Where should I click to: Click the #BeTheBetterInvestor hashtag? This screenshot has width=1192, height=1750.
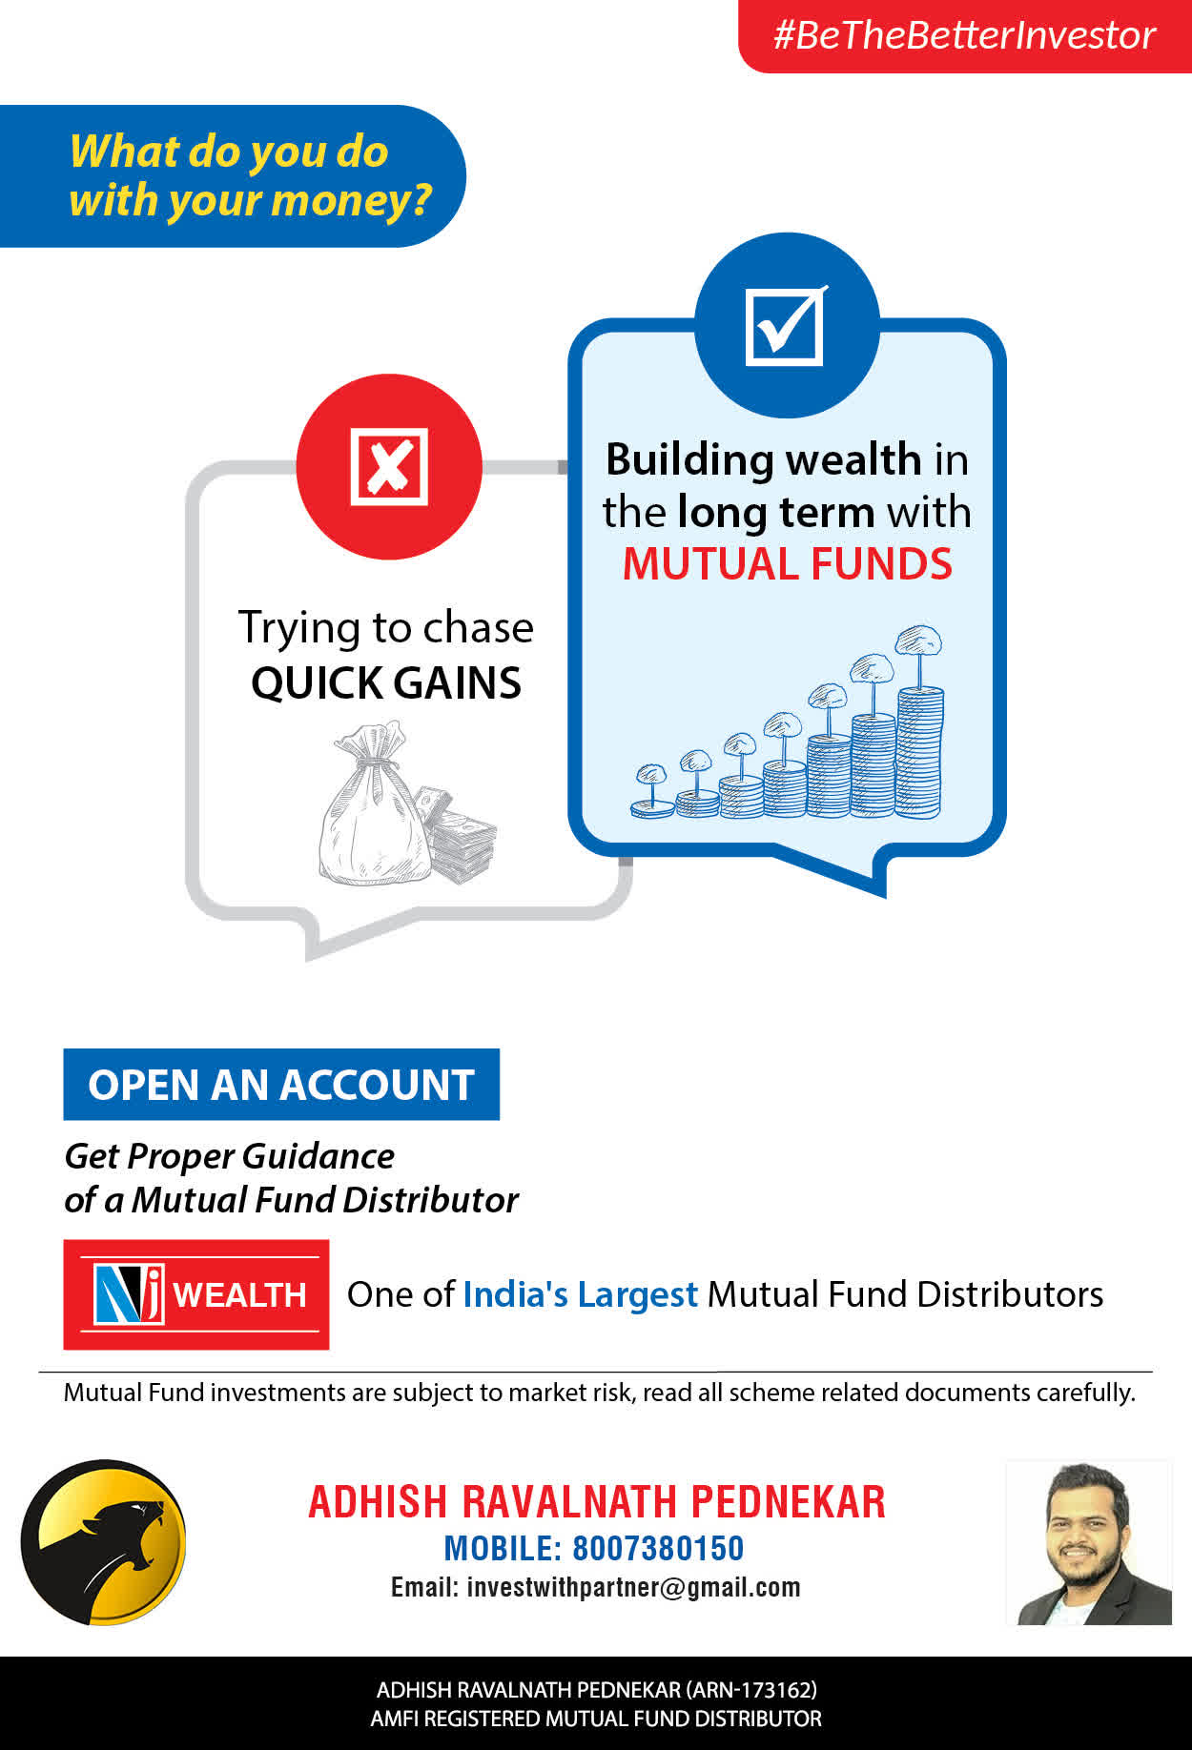click(x=964, y=35)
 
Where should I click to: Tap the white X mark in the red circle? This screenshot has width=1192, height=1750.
click(x=389, y=466)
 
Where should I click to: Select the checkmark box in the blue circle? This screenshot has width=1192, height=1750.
click(x=786, y=325)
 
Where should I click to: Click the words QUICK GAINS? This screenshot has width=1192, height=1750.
click(x=386, y=682)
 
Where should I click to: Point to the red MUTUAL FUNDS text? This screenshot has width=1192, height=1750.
click(x=788, y=563)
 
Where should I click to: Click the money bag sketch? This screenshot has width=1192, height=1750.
click(x=374, y=803)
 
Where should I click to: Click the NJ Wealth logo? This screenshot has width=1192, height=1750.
click(x=196, y=1294)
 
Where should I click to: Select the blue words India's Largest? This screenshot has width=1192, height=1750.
click(x=581, y=1294)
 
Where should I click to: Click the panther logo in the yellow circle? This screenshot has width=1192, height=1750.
click(x=104, y=1542)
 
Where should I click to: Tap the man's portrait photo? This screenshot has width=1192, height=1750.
click(x=1089, y=1542)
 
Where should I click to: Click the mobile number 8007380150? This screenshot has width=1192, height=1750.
click(x=658, y=1549)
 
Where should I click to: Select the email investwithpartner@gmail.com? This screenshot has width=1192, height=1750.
click(x=634, y=1587)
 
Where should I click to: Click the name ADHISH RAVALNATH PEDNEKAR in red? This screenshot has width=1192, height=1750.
click(x=597, y=1501)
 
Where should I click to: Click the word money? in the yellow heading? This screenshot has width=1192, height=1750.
click(x=352, y=201)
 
